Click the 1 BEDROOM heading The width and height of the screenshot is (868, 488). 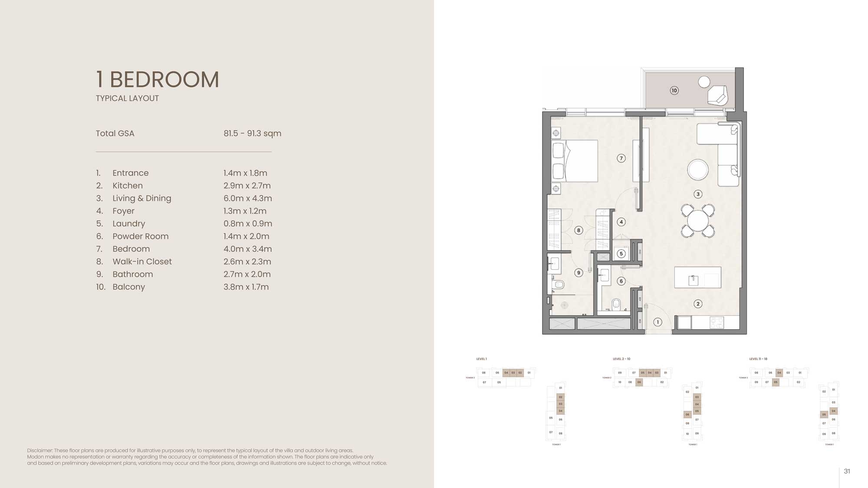click(157, 80)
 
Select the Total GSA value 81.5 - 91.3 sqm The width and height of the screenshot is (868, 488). click(252, 134)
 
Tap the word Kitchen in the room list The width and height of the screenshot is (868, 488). click(128, 186)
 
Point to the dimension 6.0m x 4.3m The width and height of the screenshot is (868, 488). click(247, 198)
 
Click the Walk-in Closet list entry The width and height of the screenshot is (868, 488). click(142, 262)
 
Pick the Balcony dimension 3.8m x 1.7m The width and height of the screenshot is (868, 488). click(246, 287)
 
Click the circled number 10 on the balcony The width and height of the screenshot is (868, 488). click(674, 91)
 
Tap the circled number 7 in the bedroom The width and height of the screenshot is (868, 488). click(621, 158)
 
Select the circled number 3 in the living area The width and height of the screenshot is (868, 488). click(698, 194)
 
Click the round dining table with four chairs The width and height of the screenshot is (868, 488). click(697, 221)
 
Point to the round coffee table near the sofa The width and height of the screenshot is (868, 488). click(698, 170)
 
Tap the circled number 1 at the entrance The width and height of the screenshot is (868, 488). click(658, 322)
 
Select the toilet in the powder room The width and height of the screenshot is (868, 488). click(616, 305)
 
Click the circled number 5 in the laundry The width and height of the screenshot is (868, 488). click(621, 254)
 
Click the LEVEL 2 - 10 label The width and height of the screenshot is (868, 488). click(621, 359)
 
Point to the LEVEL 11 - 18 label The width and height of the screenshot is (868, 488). click(758, 359)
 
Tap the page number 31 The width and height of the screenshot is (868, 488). click(847, 471)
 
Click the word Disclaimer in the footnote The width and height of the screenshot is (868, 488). click(40, 451)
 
